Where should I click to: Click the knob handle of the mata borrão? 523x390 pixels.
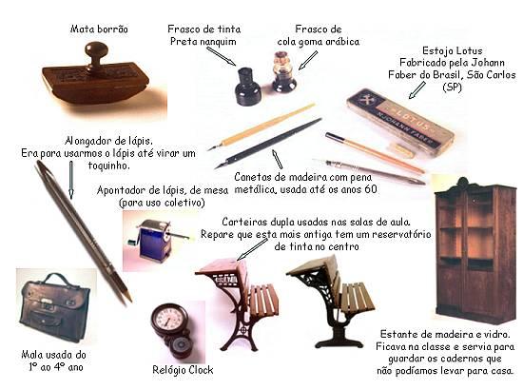tap(96, 51)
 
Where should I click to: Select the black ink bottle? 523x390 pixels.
tap(247, 88)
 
